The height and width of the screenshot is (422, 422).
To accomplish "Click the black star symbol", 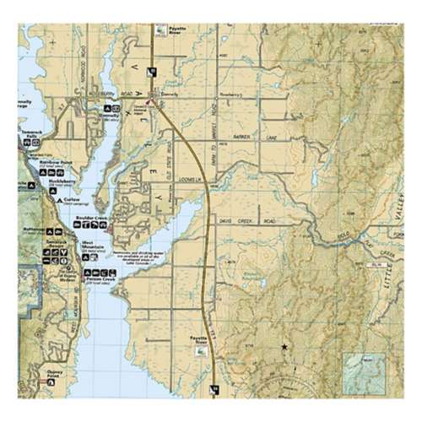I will [x=284, y=348].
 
